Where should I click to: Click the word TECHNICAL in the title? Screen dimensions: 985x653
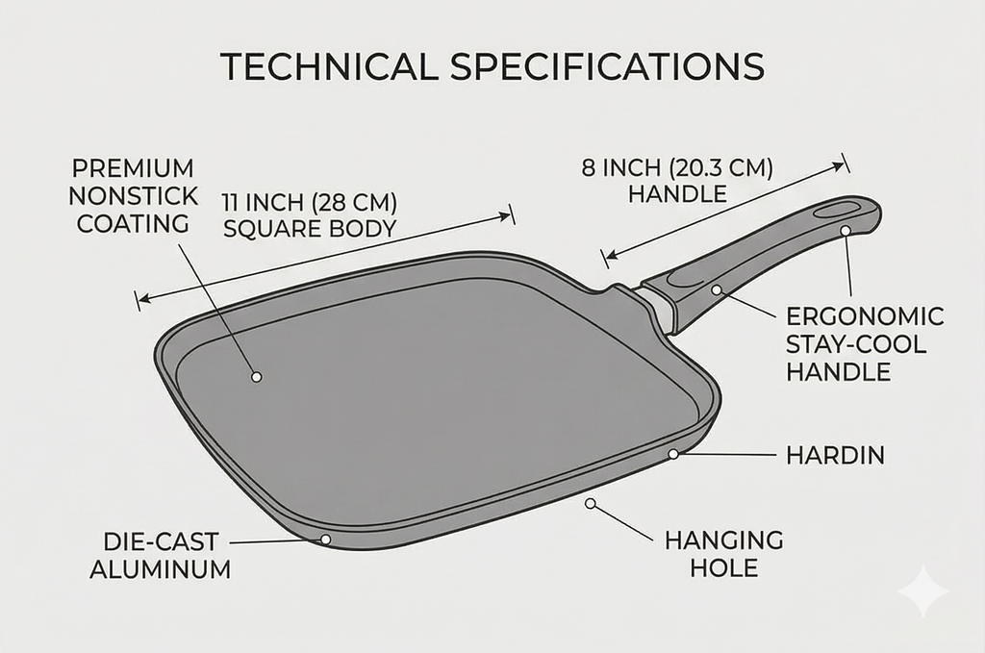[x=329, y=66]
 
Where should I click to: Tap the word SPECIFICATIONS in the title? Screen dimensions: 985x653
[x=607, y=66]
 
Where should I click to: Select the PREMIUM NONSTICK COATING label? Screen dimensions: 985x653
[x=133, y=196]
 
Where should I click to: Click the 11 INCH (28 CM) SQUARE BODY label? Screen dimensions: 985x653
[x=310, y=215]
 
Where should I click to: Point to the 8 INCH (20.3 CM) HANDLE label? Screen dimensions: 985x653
[x=677, y=181]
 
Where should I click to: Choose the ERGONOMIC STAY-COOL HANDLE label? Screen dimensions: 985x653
[x=865, y=344]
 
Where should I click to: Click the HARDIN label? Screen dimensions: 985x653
[x=835, y=455]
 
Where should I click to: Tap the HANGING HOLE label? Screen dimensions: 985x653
[x=723, y=554]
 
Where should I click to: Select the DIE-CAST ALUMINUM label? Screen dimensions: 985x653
[x=161, y=555]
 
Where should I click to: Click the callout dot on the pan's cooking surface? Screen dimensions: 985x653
[x=256, y=377]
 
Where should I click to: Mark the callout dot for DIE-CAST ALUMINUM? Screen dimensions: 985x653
[x=325, y=540]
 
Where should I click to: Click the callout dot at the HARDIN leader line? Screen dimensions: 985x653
[x=673, y=453]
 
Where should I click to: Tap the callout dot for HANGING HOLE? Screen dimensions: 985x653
[x=590, y=503]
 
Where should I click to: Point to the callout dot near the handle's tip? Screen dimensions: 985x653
[x=845, y=231]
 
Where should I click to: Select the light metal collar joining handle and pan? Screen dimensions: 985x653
[x=657, y=309]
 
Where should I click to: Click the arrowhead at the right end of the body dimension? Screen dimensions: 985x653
[x=504, y=216]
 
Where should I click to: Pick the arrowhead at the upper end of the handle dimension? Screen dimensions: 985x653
[x=838, y=165]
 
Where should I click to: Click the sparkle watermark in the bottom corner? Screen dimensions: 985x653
[x=922, y=590]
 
